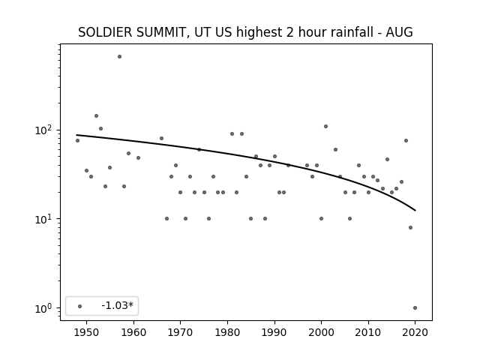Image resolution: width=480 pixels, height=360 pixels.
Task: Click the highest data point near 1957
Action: coord(119,57)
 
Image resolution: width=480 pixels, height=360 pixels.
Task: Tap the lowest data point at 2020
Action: coord(415,308)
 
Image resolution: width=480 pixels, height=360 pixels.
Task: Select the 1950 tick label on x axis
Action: coord(86,332)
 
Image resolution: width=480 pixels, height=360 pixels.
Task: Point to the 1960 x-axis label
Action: coord(133,332)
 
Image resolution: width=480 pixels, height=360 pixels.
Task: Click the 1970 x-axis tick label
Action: coord(180,332)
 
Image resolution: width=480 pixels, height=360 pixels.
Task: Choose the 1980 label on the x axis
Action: coord(227,332)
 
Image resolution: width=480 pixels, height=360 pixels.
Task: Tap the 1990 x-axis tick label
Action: coord(274,332)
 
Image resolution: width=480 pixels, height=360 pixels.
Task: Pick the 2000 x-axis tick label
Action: coord(321,332)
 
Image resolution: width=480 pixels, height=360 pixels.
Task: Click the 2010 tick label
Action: coord(368,332)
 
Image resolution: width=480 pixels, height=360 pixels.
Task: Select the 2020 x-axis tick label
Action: coord(415,332)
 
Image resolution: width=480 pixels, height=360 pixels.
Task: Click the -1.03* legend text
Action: coord(118,305)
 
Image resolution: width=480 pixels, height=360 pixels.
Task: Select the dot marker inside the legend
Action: coord(80,306)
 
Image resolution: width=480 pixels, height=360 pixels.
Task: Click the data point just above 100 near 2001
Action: coord(325,127)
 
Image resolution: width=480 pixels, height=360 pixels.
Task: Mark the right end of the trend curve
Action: coord(415,211)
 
